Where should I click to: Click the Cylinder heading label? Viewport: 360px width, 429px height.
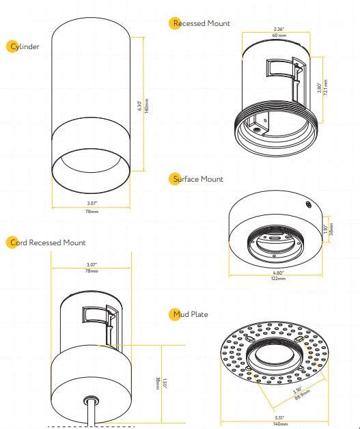pos(25,46)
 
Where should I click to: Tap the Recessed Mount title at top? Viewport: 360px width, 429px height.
pos(202,23)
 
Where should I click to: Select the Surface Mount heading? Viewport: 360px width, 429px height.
pos(198,179)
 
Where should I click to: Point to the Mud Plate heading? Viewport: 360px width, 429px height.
pos(191,314)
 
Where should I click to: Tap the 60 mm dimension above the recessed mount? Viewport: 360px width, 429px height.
pos(279,34)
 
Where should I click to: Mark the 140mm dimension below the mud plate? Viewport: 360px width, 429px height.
pos(279,424)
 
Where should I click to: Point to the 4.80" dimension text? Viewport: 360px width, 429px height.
pos(279,273)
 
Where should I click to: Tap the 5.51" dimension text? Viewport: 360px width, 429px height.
pos(279,417)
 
